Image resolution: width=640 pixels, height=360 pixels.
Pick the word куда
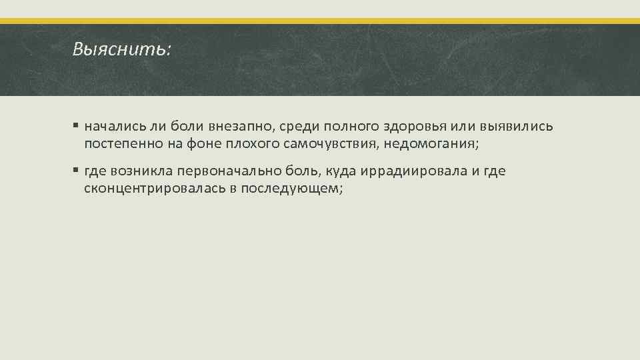click(340, 171)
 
